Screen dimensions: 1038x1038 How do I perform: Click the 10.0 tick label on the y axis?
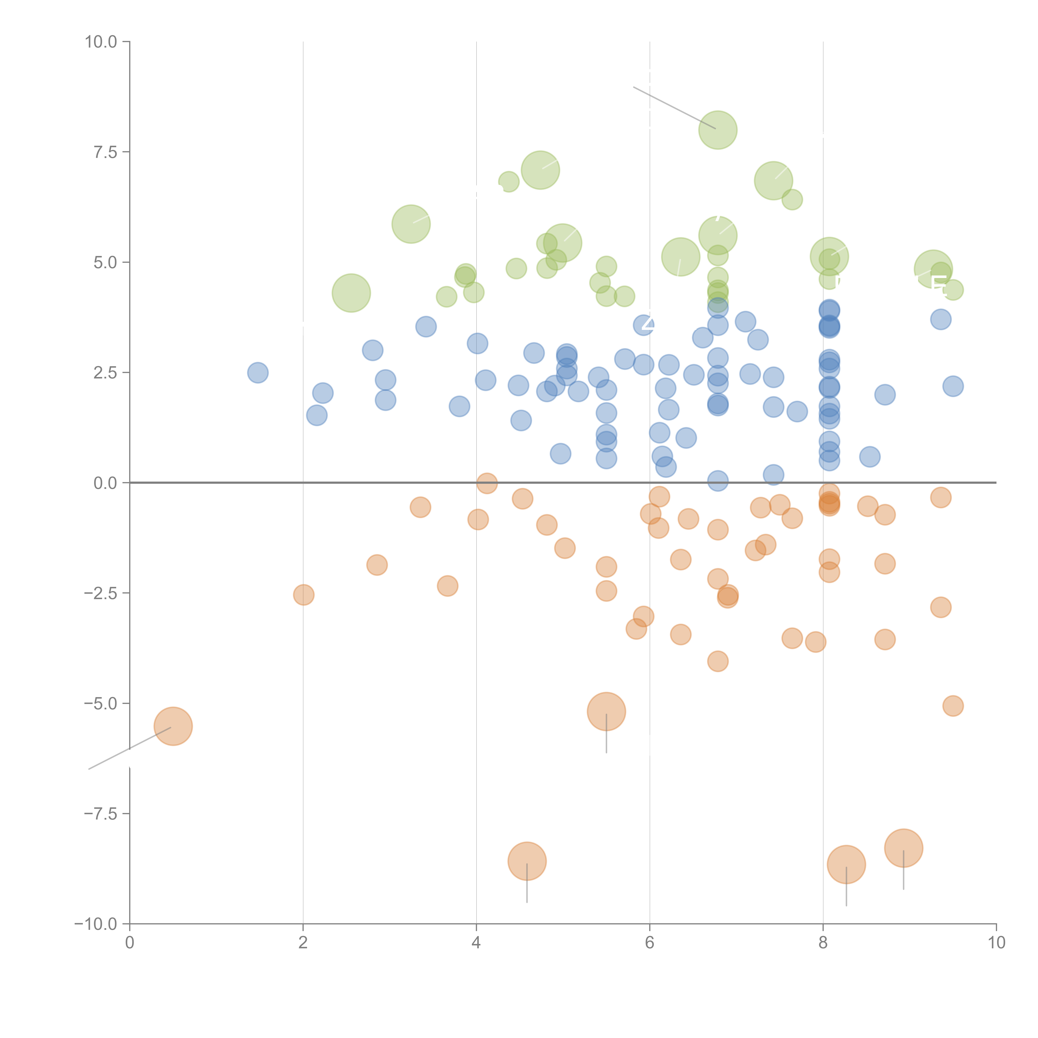pos(101,42)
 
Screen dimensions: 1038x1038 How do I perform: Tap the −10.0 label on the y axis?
pos(96,924)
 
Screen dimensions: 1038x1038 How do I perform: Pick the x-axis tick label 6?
pos(650,943)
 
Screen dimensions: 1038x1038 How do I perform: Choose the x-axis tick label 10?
pos(996,943)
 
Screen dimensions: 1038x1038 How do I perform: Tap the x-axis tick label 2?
pos(303,943)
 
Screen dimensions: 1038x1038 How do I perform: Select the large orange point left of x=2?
pos(173,726)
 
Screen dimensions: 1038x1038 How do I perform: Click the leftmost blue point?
pos(258,373)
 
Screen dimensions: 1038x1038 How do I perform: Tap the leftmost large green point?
pos(351,293)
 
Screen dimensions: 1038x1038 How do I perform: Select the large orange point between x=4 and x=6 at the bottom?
pos(527,861)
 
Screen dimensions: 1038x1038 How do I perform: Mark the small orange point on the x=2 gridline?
pos(304,595)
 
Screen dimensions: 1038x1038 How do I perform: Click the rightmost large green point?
pos(933,269)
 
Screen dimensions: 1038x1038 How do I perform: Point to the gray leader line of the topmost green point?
pos(674,108)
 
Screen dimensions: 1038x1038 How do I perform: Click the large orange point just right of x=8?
pos(846,864)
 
